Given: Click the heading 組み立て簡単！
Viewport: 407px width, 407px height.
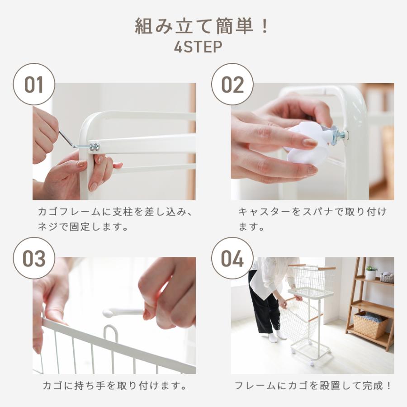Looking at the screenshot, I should pyautogui.click(x=202, y=27).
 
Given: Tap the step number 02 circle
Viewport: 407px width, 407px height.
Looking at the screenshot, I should pyautogui.click(x=232, y=85).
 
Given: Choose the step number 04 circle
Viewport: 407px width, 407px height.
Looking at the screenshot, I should pyautogui.click(x=232, y=258).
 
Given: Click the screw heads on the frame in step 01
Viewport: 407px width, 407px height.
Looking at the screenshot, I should pyautogui.click(x=94, y=147).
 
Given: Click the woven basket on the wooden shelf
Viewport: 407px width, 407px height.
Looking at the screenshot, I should pyautogui.click(x=370, y=324).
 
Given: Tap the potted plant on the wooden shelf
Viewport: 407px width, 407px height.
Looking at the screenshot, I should pyautogui.click(x=371, y=272).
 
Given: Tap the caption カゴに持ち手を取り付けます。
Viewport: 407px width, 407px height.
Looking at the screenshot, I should pyautogui.click(x=115, y=386).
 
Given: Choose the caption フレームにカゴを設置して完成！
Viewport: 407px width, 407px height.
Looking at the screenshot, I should pyautogui.click(x=312, y=386).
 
